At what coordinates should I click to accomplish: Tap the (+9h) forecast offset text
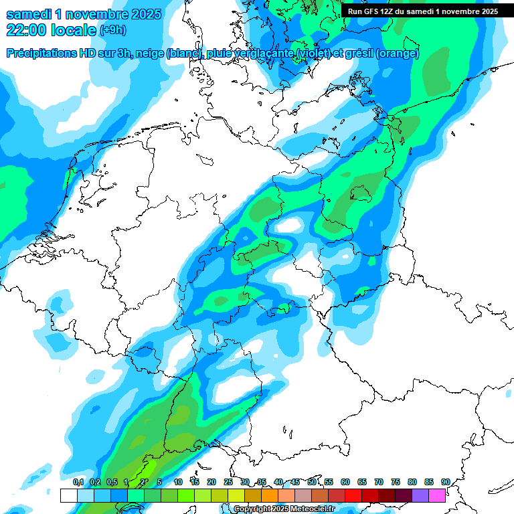[113, 30]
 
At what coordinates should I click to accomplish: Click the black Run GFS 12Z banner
[422, 11]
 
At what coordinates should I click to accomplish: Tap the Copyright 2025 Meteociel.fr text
[284, 509]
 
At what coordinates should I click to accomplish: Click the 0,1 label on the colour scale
[78, 482]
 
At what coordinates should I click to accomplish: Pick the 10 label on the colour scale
[178, 482]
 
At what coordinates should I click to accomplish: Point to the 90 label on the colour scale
[445, 482]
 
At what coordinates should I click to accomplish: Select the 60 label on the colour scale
[345, 482]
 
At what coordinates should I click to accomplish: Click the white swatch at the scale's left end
[68, 495]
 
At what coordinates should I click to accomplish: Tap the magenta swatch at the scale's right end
[437, 495]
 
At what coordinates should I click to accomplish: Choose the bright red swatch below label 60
[353, 495]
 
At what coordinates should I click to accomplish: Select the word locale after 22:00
[74, 29]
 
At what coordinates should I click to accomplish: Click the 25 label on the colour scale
[228, 482]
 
